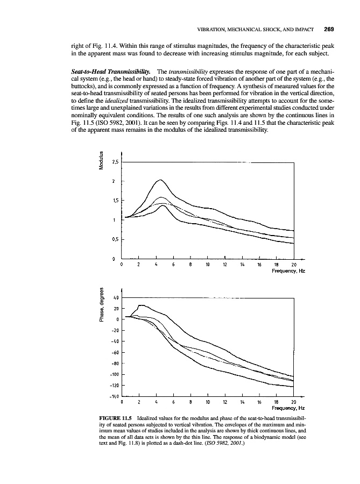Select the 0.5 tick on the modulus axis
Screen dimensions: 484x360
coord(115,240)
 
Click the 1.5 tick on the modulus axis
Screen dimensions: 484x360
coord(115,201)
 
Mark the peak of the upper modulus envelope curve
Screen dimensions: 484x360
coord(160,180)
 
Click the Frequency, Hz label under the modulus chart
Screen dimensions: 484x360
coord(288,271)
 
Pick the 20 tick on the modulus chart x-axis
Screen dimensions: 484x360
coord(294,265)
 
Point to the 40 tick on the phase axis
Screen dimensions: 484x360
coord(115,297)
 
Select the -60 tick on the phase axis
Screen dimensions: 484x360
coord(115,353)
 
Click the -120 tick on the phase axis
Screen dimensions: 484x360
coord(114,386)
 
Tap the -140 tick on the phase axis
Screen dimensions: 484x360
coord(114,397)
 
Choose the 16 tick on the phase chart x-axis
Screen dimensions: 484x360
coord(259,402)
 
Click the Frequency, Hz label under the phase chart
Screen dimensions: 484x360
coord(288,408)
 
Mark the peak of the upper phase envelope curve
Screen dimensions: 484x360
coord(141,305)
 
